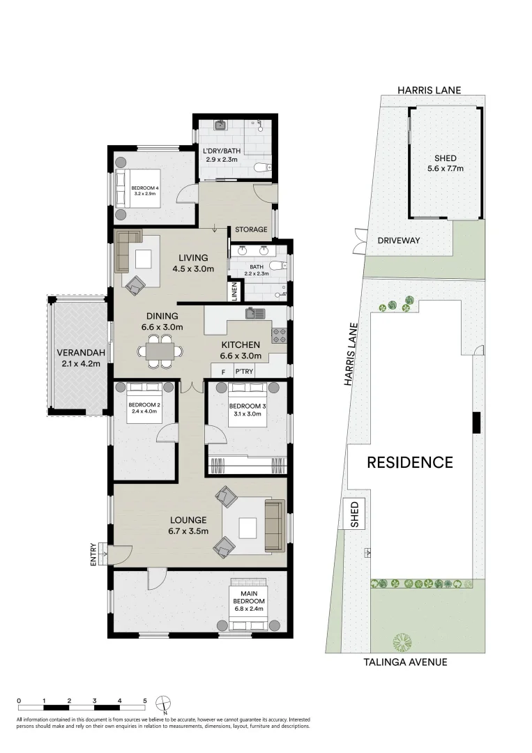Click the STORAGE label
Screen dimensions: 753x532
pos(251,229)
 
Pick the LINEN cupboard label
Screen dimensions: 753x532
pos(235,291)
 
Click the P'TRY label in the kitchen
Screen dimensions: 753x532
pos(243,372)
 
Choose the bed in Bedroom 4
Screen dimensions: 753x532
pos(139,188)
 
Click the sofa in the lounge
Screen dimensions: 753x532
pos(274,525)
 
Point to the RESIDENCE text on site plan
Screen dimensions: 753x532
pos(410,462)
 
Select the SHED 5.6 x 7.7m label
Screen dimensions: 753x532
pos(445,163)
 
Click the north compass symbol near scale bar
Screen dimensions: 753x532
pos(161,702)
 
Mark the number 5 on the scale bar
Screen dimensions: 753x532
pos(145,700)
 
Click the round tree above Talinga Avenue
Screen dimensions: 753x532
pos(402,640)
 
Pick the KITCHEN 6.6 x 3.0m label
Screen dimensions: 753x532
pos(241,350)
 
